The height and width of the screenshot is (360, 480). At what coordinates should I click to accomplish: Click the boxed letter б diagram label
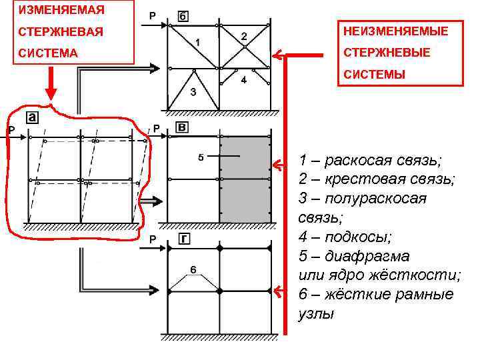pyautogui.click(x=183, y=16)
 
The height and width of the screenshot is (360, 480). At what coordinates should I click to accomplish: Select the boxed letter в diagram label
pyautogui.click(x=182, y=127)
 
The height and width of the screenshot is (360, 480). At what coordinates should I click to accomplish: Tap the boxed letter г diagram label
pyautogui.click(x=184, y=238)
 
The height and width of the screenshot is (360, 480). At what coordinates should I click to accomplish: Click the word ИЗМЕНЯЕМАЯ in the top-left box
pyautogui.click(x=61, y=11)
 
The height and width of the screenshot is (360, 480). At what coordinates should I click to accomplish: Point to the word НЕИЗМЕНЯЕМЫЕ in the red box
pyautogui.click(x=396, y=31)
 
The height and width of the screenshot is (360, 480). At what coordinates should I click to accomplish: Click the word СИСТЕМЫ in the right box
pyautogui.click(x=374, y=74)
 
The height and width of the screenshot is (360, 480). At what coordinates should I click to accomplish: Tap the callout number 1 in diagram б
pyautogui.click(x=197, y=43)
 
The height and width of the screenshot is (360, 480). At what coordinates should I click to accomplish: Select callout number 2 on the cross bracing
pyautogui.click(x=244, y=35)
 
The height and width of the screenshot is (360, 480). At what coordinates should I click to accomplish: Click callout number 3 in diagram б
pyautogui.click(x=193, y=92)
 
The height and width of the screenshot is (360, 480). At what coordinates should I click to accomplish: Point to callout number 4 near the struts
pyautogui.click(x=243, y=80)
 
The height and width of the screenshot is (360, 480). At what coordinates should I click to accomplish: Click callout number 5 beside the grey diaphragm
pyautogui.click(x=201, y=157)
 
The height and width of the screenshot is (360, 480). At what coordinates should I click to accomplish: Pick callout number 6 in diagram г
pyautogui.click(x=193, y=269)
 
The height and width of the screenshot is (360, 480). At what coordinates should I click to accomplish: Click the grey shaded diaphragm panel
pyautogui.click(x=245, y=180)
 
